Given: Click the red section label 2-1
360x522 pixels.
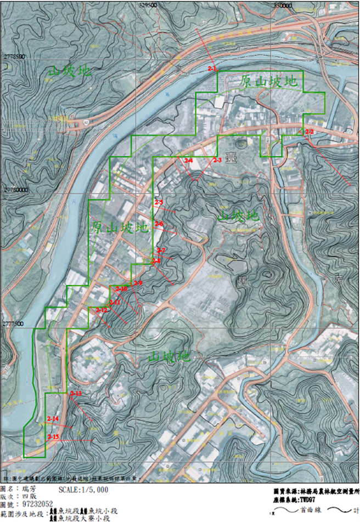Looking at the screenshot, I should coord(213,68).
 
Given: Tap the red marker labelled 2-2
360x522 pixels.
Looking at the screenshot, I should coord(309,132).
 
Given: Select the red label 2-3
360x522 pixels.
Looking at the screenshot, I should coord(216,160).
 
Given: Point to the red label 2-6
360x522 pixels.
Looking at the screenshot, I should coord(159,224).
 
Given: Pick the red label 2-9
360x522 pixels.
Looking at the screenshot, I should coord(138,282).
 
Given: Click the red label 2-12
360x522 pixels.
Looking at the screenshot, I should coord(102,310).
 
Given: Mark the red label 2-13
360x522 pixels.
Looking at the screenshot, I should coord(76,394).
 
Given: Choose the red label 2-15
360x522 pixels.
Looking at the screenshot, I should coord(53,436).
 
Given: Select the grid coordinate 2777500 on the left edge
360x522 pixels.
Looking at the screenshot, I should coord(14,324).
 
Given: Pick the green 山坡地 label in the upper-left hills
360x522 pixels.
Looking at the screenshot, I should coord(70,71).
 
